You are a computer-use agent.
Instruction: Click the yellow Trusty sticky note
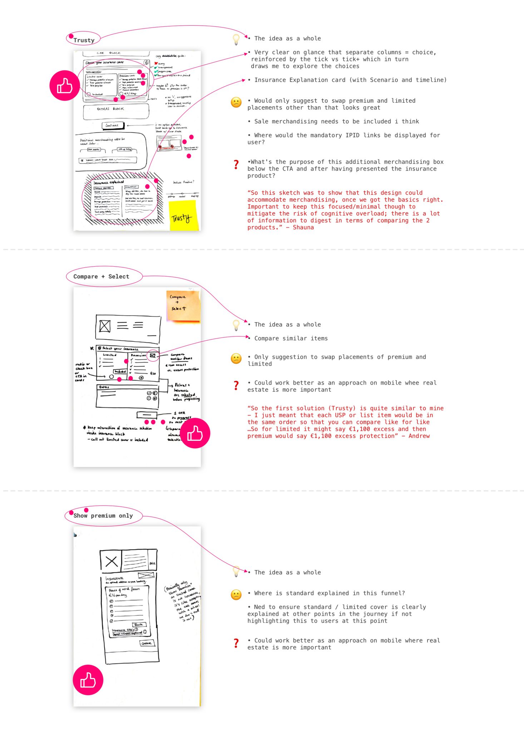[183, 216]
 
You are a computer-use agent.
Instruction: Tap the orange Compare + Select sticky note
[183, 306]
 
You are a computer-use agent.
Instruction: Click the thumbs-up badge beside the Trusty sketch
[64, 86]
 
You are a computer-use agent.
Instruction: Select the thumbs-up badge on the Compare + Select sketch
[195, 433]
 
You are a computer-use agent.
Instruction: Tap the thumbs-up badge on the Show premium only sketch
[88, 680]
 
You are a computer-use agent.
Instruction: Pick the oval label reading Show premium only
[103, 516]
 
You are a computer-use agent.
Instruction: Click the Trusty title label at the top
[84, 40]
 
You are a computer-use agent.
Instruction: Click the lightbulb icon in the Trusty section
[236, 39]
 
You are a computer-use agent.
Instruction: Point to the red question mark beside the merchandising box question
[236, 165]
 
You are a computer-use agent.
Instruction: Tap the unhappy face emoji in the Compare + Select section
[236, 358]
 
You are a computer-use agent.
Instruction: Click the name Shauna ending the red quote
[303, 227]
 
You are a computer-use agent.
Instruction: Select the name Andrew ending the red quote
[419, 436]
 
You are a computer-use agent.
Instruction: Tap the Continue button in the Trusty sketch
[113, 125]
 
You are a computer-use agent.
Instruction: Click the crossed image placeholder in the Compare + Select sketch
[105, 326]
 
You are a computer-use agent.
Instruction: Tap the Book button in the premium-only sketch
[139, 624]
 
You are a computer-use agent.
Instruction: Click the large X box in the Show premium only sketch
[111, 561]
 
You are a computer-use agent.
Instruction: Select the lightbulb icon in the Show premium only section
[236, 571]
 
